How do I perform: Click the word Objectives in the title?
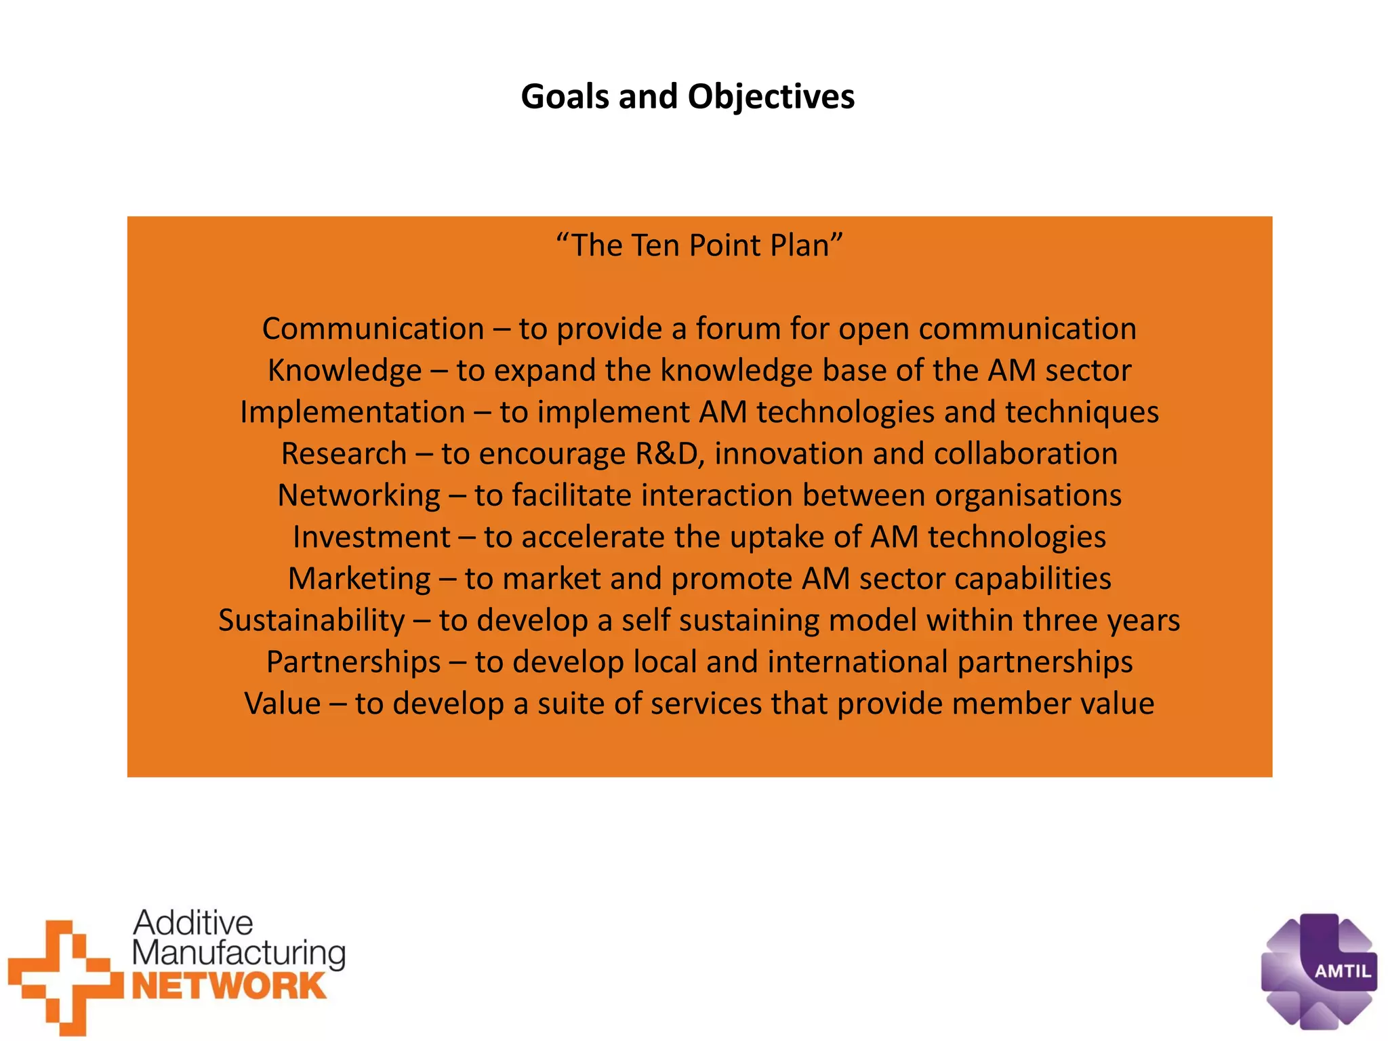pos(771,96)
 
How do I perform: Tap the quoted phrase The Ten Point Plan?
pos(699,245)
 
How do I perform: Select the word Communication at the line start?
pos(373,329)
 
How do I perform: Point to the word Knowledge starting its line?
pos(344,371)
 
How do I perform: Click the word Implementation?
pos(352,412)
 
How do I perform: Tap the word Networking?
pos(359,495)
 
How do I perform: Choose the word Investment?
pos(371,537)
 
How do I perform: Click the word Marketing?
pos(359,579)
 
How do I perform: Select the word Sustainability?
pos(312,620)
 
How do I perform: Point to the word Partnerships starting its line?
pos(353,662)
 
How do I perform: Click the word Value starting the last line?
pos(283,703)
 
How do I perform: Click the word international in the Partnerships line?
pos(857,662)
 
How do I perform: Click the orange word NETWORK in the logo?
pos(229,986)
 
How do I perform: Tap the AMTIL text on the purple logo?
pos(1343,971)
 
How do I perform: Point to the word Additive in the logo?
pos(193,923)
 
